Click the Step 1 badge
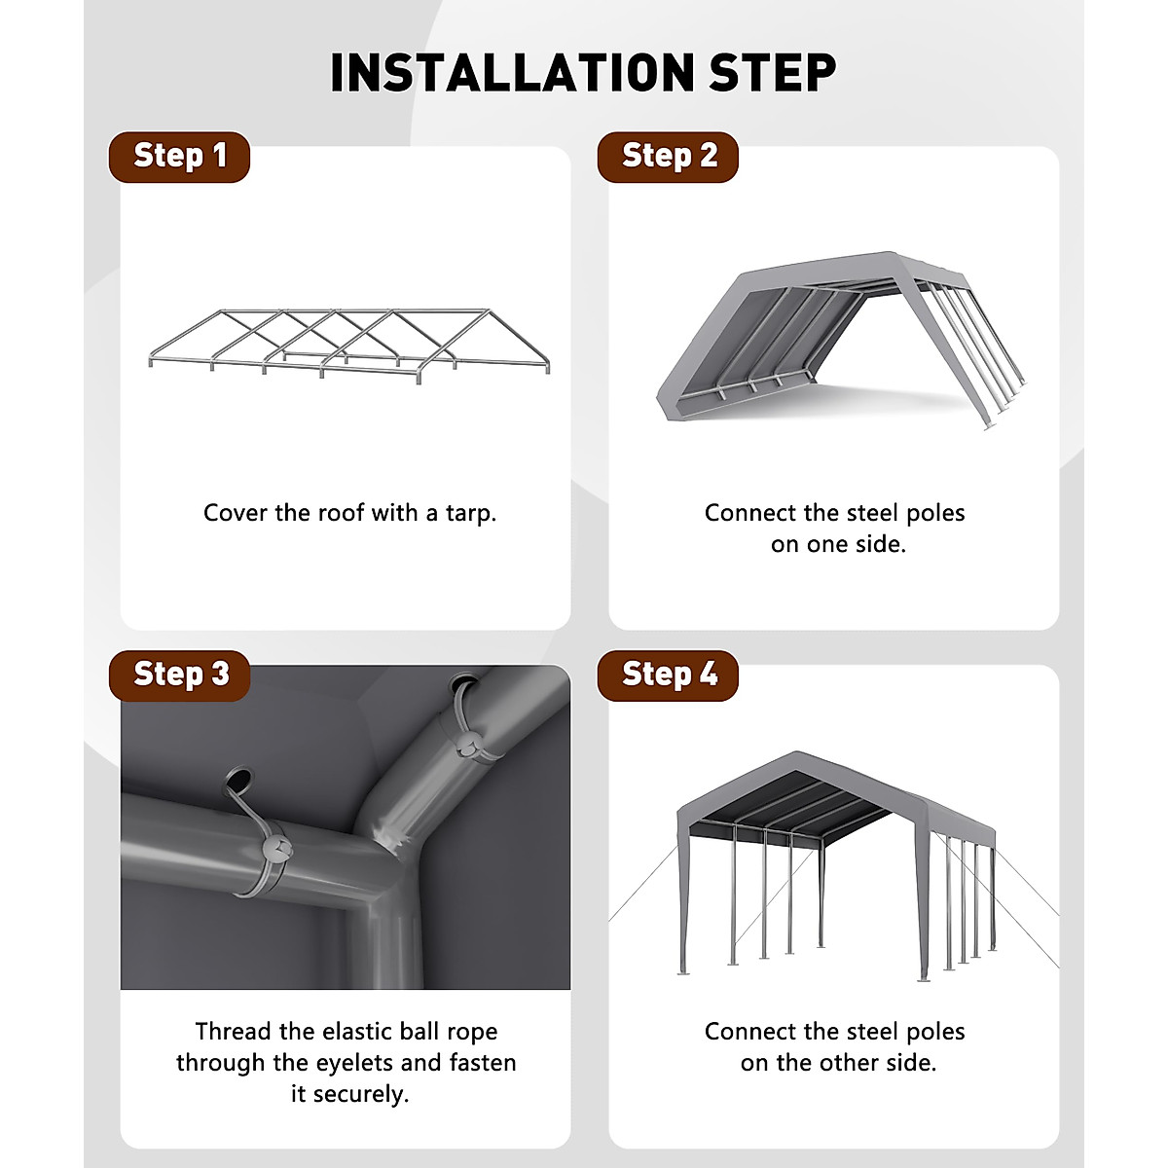[x=179, y=157]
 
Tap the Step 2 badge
[x=668, y=157]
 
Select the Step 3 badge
[x=179, y=675]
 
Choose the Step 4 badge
[x=668, y=675]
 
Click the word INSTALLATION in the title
[x=511, y=73]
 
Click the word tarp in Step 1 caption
[x=471, y=513]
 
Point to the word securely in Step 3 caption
[x=361, y=1094]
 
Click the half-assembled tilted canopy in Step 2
[x=837, y=336]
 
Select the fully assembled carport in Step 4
[x=835, y=861]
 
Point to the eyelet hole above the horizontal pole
[x=237, y=779]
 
